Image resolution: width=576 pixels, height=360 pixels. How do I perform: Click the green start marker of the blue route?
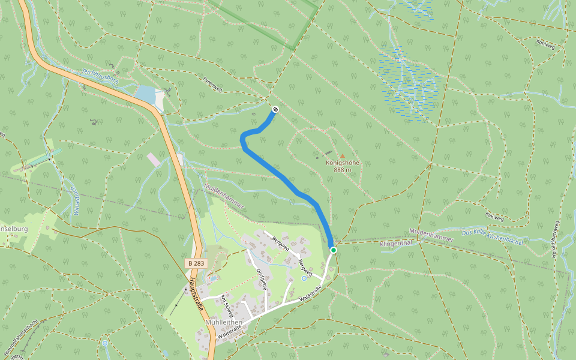(x=333, y=250)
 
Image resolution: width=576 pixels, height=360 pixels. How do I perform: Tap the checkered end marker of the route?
(x=275, y=109)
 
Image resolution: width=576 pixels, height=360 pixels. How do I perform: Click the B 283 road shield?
(x=196, y=263)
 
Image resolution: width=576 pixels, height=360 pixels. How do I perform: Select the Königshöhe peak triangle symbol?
(x=343, y=155)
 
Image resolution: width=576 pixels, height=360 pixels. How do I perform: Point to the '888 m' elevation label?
(x=342, y=170)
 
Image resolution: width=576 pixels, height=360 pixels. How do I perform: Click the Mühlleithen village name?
(x=223, y=322)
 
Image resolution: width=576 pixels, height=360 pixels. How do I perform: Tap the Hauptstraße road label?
(x=196, y=295)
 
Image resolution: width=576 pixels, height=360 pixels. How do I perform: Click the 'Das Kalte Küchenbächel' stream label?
(x=492, y=236)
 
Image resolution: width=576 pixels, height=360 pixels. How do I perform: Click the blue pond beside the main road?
(x=146, y=94)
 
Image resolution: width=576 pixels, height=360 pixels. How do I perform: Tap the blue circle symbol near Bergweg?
(x=304, y=278)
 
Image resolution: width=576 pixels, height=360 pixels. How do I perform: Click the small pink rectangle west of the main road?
(x=154, y=160)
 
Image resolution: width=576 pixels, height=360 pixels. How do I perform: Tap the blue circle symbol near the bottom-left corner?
(x=105, y=343)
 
